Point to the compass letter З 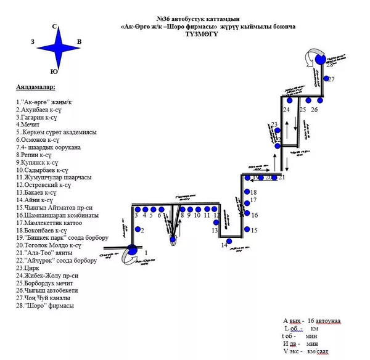tap(32, 42)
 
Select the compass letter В tap(78, 42)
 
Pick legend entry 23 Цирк tap(28, 268)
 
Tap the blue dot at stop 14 tap(229, 240)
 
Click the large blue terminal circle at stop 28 tap(320, 59)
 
